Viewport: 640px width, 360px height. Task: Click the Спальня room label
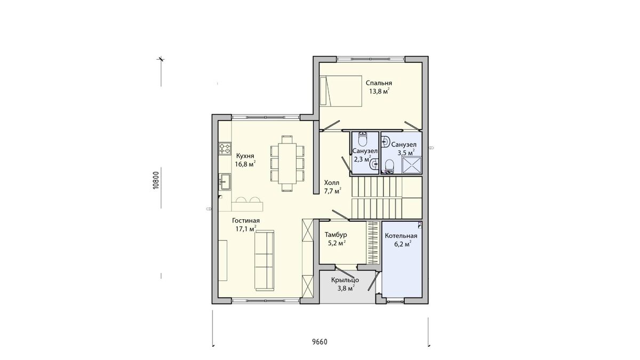tap(379, 83)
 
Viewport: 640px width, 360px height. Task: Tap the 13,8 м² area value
tap(379, 91)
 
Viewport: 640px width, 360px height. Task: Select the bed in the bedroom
tap(341, 91)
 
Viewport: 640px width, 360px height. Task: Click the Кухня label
tap(245, 156)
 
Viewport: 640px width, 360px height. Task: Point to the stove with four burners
tap(225, 149)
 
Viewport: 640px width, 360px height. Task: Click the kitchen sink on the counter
tap(225, 182)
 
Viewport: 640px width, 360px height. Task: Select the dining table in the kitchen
tap(287, 163)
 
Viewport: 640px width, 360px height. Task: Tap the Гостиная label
tap(246, 221)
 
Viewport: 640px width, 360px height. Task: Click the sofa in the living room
tap(265, 260)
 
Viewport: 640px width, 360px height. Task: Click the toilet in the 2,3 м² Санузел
tap(363, 139)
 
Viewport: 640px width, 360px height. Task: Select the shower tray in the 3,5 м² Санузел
tap(412, 165)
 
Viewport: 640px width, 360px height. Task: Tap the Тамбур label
tap(336, 235)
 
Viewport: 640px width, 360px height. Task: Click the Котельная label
tap(401, 236)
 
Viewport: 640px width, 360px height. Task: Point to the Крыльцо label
tap(345, 280)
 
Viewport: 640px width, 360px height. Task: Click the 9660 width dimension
tap(319, 342)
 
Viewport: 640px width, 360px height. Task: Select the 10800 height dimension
tap(155, 181)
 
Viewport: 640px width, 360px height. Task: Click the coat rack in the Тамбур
tap(373, 242)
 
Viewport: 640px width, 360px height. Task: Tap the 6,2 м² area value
tap(403, 244)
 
